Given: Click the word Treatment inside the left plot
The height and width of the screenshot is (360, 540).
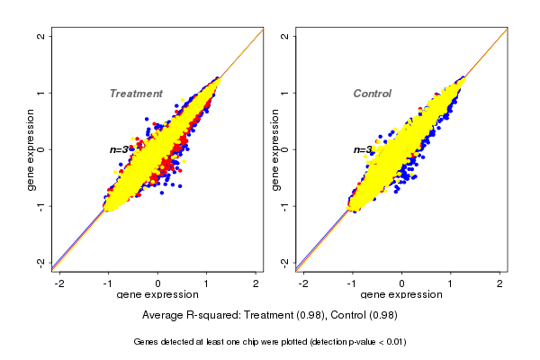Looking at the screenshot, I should click(x=136, y=94).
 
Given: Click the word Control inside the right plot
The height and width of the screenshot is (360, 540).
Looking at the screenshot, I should click(x=372, y=94).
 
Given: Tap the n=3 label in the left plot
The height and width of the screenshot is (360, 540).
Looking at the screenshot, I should click(x=120, y=149).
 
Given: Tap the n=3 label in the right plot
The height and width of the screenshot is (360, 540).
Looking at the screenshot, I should click(x=363, y=149).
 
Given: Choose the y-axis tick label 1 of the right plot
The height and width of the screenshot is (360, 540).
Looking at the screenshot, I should click(x=285, y=93).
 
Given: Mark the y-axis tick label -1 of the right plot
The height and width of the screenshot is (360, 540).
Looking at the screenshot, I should click(x=285, y=205).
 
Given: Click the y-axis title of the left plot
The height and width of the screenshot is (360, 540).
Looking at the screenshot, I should click(x=31, y=149).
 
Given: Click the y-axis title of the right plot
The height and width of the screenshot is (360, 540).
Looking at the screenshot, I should click(x=274, y=149).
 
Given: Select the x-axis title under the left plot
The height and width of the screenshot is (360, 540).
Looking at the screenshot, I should click(x=157, y=295).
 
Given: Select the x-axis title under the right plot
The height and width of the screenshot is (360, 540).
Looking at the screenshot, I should click(x=401, y=295).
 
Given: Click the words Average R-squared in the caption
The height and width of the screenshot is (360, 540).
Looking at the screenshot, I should click(x=184, y=315).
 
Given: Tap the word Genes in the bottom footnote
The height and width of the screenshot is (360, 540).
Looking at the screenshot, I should click(x=145, y=342).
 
